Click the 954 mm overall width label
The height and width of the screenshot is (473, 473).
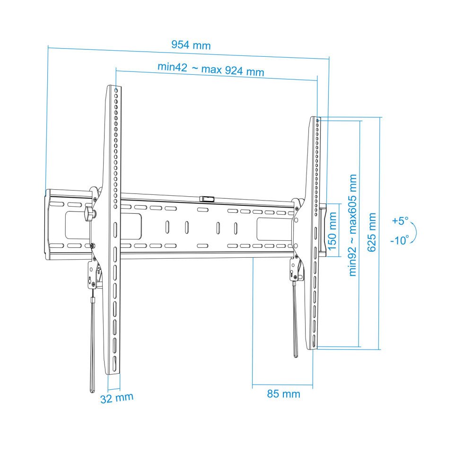tap(191, 45)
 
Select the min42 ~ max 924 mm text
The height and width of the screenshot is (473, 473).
tap(210, 69)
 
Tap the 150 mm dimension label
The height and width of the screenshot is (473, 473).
tap(333, 231)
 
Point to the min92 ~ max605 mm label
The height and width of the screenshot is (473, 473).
tap(353, 225)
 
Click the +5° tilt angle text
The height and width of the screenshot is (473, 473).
tap(400, 221)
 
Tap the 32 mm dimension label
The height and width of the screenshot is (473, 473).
tap(116, 398)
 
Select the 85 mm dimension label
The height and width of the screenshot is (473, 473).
tap(283, 394)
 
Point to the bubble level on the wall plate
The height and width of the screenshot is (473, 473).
tap(206, 199)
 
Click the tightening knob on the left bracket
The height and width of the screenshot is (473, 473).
tap(89, 214)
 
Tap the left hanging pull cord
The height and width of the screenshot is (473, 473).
tap(92, 350)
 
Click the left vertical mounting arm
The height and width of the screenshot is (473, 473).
tap(114, 227)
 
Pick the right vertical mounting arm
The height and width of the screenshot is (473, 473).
tap(315, 232)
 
